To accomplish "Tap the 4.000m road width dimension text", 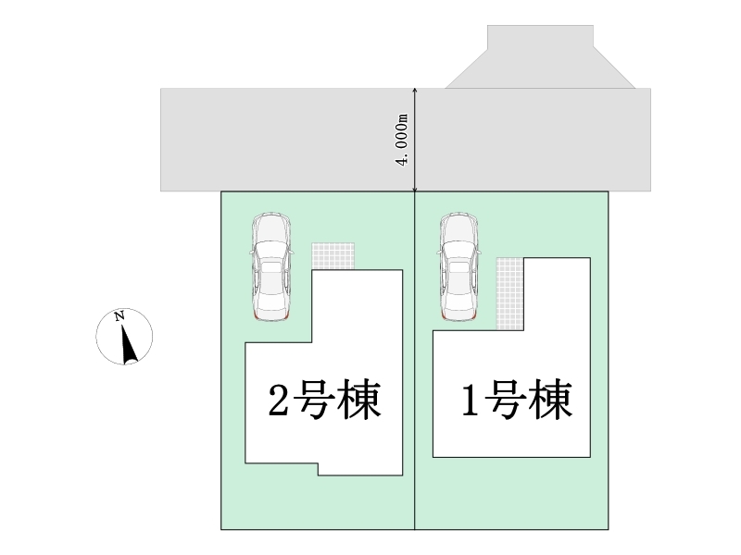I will (x=402, y=140).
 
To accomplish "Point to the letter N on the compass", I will (x=119, y=316).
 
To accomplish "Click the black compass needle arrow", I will (x=127, y=342).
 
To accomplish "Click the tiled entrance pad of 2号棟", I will (x=333, y=256).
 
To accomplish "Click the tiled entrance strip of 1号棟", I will (x=509, y=292).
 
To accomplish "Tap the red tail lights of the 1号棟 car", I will (x=458, y=317).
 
